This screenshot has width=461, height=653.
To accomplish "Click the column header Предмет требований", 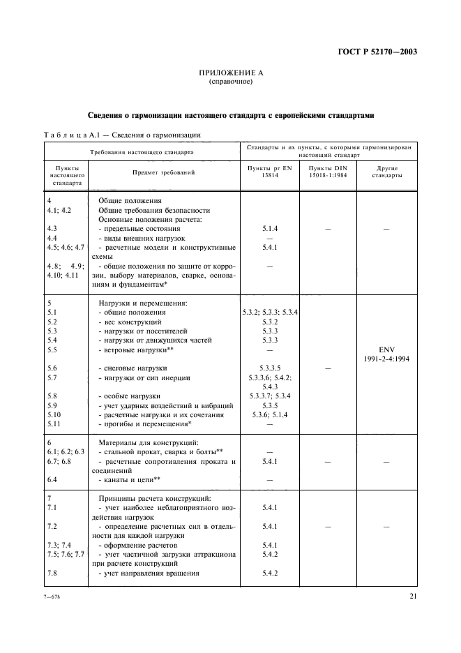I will (x=163, y=172).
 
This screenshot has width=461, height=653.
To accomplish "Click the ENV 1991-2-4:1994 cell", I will (x=386, y=354).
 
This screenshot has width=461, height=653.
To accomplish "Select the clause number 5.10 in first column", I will (x=54, y=414).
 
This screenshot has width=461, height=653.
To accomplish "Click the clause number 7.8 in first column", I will (x=52, y=573).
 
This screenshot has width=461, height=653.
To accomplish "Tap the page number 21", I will (x=413, y=596).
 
